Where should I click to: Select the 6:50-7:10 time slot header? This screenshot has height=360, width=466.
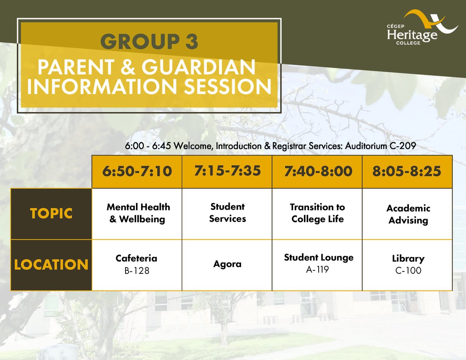coord(137,171)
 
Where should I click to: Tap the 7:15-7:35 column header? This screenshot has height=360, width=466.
coord(227,171)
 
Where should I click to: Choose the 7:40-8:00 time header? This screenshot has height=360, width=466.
coord(318,171)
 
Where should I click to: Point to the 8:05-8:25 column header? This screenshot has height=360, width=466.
coord(407,171)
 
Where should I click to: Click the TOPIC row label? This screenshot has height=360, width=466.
coord(51,214)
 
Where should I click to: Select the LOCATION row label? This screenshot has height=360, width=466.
coord(51,265)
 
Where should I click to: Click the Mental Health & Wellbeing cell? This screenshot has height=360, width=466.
coord(137,214)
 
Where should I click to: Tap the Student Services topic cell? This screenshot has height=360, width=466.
coord(227,214)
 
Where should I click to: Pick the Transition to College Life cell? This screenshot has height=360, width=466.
coord(318,214)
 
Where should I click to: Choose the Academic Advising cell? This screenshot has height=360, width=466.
coord(407,214)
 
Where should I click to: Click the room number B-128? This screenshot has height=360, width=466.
coord(137,271)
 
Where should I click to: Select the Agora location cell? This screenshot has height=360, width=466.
coord(227,265)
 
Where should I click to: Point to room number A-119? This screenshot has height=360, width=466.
coord(318,270)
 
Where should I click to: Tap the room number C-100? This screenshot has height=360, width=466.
coord(408,270)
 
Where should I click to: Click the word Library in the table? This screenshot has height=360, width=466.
coord(408,258)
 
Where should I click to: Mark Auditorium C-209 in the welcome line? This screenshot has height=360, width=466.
coord(380,146)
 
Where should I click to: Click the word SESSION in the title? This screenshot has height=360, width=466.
coord(227,87)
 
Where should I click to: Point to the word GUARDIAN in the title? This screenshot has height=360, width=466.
coord(199,67)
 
